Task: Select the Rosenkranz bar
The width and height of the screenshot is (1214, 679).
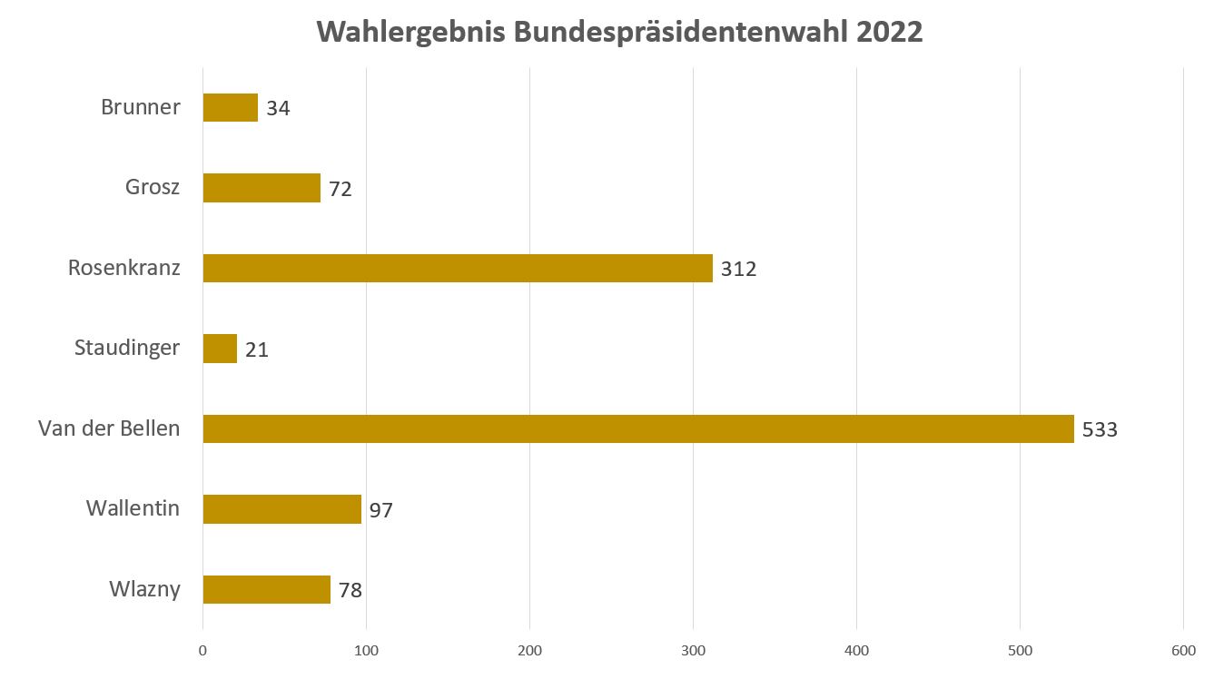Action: pos(457,269)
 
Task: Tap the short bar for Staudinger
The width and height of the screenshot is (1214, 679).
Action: pos(220,349)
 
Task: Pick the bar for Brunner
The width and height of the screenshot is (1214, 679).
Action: pos(230,108)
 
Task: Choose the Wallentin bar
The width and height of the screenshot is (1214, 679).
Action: pos(281,509)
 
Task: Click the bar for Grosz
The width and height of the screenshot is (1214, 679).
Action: pos(262,188)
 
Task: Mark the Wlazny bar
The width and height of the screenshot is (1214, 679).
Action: pos(266,589)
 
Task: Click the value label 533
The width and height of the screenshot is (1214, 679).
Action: pos(1100,429)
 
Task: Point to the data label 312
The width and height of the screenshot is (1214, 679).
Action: pos(738,270)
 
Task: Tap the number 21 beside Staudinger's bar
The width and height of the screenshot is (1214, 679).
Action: pos(257,349)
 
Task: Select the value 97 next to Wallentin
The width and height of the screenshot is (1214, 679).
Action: pos(380,510)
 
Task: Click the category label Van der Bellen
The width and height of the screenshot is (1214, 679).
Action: pos(109,428)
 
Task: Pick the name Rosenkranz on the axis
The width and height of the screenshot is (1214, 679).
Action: pos(124,268)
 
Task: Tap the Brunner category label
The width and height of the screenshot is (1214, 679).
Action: pos(141,107)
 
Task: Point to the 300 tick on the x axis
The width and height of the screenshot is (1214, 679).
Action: pos(693,650)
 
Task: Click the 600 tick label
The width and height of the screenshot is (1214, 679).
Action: pos(1183,650)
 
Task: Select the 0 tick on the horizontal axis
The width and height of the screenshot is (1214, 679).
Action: pos(202,650)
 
